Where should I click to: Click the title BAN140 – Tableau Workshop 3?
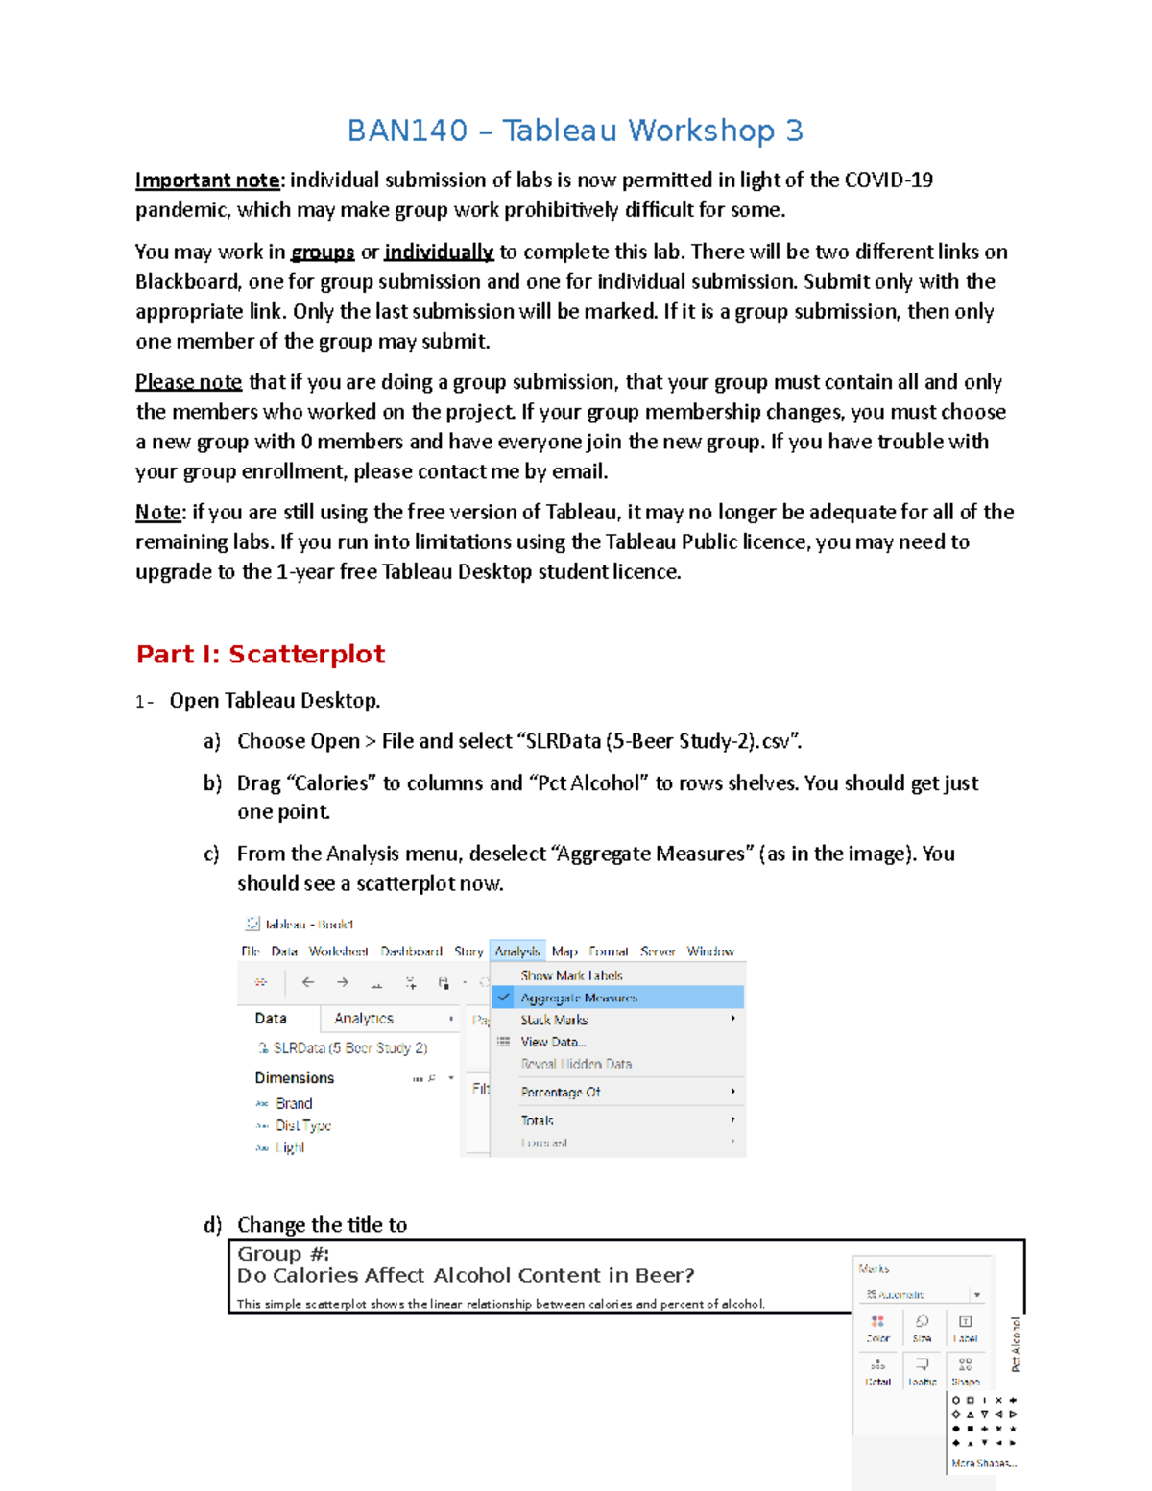pyautogui.click(x=574, y=131)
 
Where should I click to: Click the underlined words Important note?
pyautogui.click(x=207, y=180)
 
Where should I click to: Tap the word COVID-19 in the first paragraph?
pyautogui.click(x=888, y=180)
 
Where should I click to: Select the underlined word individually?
pyautogui.click(x=439, y=253)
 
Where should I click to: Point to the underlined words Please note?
pyautogui.click(x=188, y=382)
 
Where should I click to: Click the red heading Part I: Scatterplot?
pyautogui.click(x=260, y=654)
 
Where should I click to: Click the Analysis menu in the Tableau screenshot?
pyautogui.click(x=517, y=951)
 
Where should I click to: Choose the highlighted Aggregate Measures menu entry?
pyautogui.click(x=579, y=998)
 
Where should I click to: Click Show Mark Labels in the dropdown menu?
pyautogui.click(x=571, y=975)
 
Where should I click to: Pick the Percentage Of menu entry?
pyautogui.click(x=561, y=1093)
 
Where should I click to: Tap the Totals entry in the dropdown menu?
pyautogui.click(x=538, y=1120)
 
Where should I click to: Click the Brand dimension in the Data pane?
pyautogui.click(x=294, y=1104)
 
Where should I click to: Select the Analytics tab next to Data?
pyautogui.click(x=364, y=1019)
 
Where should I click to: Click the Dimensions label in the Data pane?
pyautogui.click(x=295, y=1078)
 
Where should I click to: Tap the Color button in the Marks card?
pyautogui.click(x=877, y=1328)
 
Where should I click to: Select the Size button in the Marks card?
pyautogui.click(x=922, y=1328)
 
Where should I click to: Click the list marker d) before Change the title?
pyautogui.click(x=212, y=1225)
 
